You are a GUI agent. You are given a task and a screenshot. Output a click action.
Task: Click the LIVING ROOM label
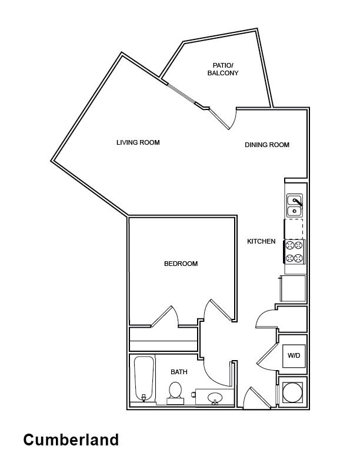[138, 142]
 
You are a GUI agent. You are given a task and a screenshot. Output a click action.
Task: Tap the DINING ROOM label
[267, 145]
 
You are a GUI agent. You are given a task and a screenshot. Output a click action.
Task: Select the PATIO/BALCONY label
[223, 69]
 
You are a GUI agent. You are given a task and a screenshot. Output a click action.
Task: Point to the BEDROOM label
[181, 264]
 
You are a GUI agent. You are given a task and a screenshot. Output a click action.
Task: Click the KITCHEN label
[261, 241]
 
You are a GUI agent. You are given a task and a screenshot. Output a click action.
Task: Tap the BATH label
[179, 372]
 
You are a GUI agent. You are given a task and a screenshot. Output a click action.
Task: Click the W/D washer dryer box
[294, 355]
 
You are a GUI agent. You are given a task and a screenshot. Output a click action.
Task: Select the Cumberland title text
[71, 440]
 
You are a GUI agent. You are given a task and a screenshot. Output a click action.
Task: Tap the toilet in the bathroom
[175, 393]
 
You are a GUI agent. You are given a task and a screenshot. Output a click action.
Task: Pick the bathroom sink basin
[215, 397]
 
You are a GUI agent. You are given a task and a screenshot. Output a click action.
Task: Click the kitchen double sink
[294, 206]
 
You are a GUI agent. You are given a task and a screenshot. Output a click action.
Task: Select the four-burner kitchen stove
[294, 252]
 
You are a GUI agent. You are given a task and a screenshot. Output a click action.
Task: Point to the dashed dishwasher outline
[294, 229]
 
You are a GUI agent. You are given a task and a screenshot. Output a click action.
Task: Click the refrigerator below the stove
[293, 288]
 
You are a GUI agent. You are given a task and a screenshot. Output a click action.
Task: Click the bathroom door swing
[215, 374]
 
